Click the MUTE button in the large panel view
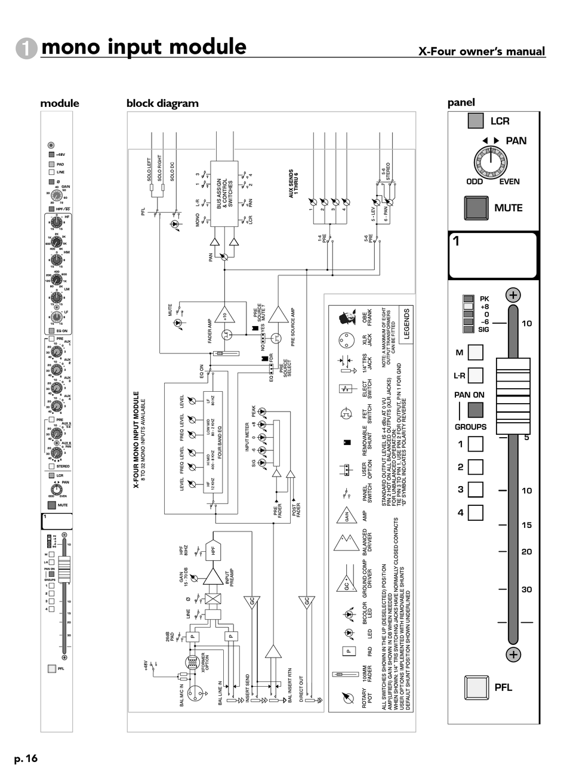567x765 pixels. pos(476,208)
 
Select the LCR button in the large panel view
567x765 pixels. pos(476,121)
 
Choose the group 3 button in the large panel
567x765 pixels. pos(475,490)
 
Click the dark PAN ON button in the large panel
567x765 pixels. pos(476,410)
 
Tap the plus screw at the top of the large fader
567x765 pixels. pos(513,294)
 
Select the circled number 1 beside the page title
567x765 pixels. pos(27,48)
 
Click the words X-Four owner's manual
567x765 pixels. pos(482,51)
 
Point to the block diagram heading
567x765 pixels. pos(162,103)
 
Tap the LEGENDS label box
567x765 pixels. pos(406,323)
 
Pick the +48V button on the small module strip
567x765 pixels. pos(51,155)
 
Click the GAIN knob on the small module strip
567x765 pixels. pos(56,195)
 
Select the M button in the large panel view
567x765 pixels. pos(476,352)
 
